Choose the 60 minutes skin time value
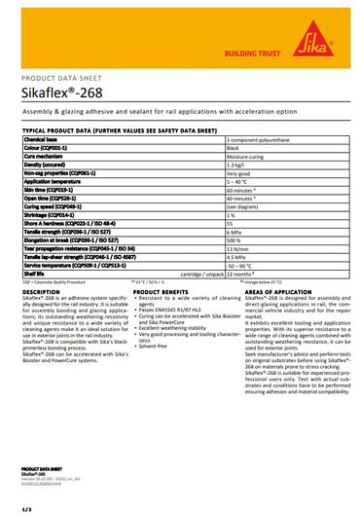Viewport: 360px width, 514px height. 244,190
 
